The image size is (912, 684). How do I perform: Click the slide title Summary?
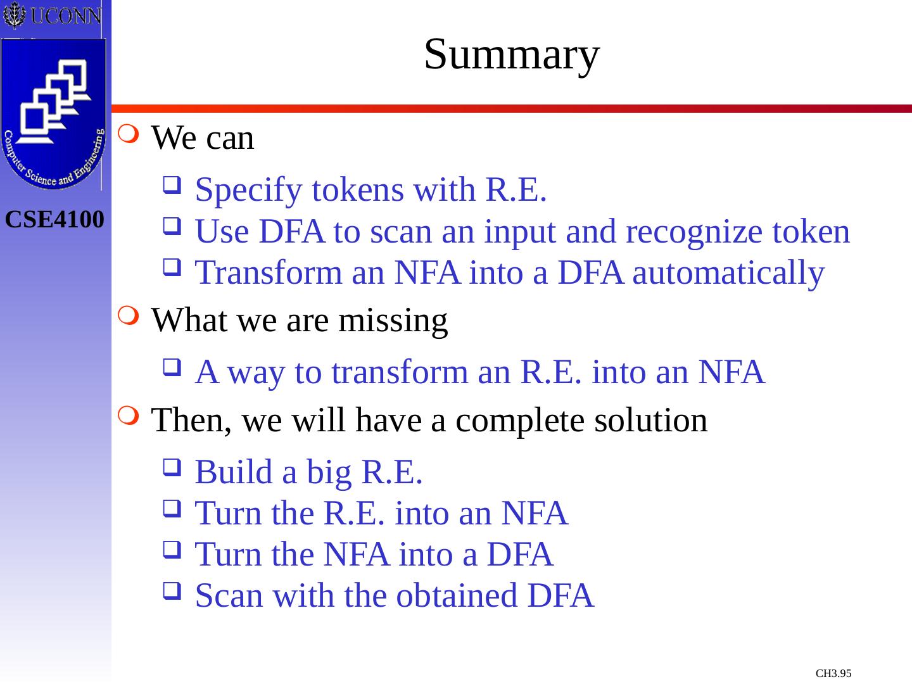click(511, 54)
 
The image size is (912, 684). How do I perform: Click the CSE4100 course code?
click(54, 220)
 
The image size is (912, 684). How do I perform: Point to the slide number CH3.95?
click(833, 673)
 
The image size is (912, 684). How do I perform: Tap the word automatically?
click(728, 274)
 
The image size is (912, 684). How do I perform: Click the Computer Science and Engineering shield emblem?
click(53, 114)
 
